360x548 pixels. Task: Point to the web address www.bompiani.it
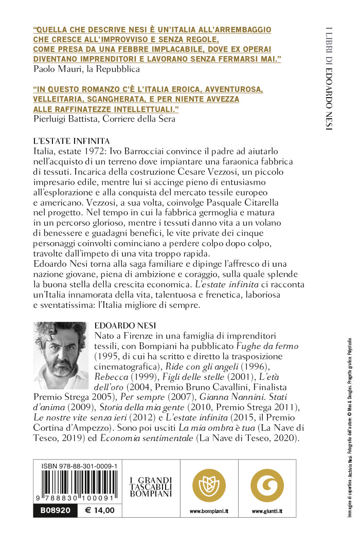coord(209,511)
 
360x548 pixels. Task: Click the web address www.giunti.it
coord(267,511)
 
